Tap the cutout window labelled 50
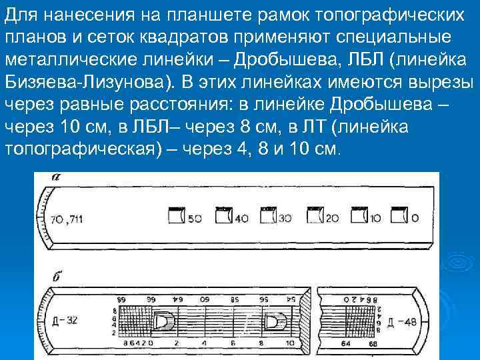point(176,217)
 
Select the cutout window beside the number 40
point(223,217)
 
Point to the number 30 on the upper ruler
point(285,218)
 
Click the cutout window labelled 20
point(313,217)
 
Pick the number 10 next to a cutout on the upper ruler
point(375,218)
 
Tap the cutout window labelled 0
point(399,217)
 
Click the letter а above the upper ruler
point(56,177)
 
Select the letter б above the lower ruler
point(56,274)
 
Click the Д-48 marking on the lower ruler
point(401,323)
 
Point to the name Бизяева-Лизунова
point(83,82)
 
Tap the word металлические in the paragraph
point(70,59)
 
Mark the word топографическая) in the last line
point(86,149)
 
